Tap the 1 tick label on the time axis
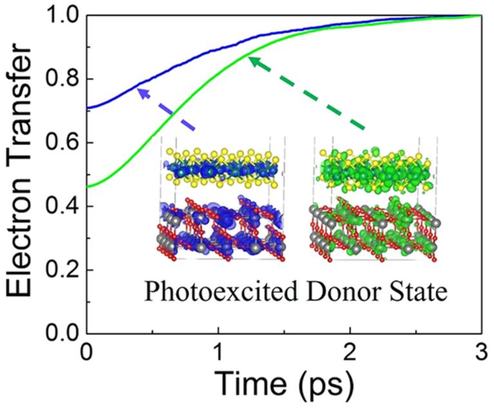pos(218,354)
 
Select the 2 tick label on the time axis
pos(350,354)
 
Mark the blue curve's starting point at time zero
pos(87,108)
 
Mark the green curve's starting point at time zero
pos(87,187)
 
